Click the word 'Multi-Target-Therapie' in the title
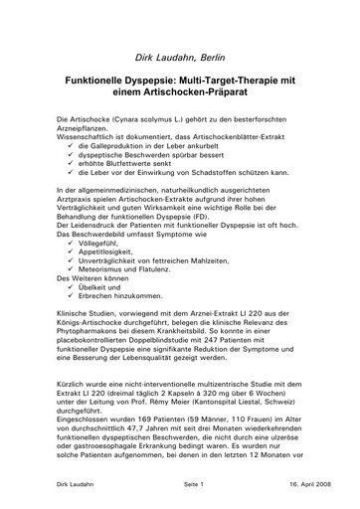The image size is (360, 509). [232, 88]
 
